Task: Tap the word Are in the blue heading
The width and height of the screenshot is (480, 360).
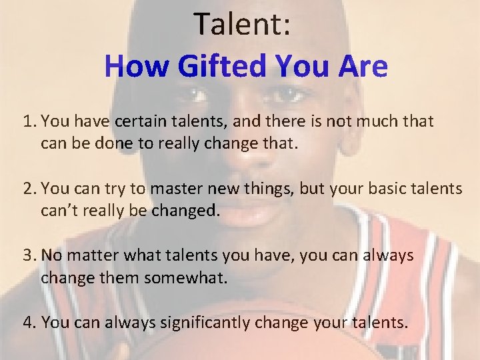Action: pos(361,67)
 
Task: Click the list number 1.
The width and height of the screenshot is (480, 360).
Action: pos(27,122)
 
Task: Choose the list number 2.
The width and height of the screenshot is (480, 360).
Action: pos(27,189)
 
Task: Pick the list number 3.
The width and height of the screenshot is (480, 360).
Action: pos(27,255)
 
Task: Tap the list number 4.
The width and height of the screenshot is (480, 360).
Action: pos(27,323)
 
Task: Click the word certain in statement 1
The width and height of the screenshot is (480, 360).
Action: pos(139,122)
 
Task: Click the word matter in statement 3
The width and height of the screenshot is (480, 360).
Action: pos(89,255)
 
